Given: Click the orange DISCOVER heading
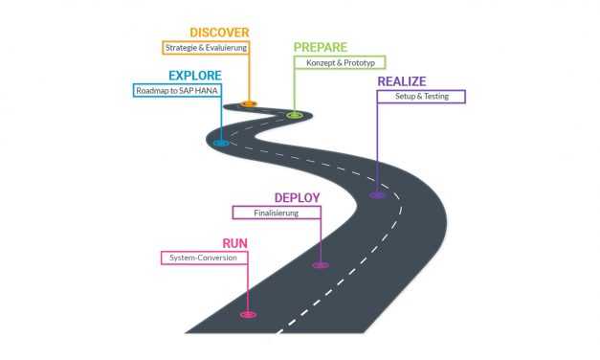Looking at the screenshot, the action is point(219,33).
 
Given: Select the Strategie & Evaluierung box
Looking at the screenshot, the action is point(206,46).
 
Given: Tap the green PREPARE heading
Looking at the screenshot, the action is point(320,48).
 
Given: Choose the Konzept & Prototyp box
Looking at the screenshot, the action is point(339,62).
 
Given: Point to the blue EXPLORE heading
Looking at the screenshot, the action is point(195,76).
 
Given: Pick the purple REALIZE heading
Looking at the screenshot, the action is point(402,81).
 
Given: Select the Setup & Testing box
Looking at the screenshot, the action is point(421,96).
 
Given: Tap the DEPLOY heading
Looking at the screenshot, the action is point(297,198).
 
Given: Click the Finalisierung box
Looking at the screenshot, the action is point(277,213).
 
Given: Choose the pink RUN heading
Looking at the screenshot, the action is point(235,243).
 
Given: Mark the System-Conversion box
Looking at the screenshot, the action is point(204,258).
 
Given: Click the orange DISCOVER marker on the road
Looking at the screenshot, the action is point(249,103).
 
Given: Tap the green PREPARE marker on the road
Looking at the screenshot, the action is point(295,115).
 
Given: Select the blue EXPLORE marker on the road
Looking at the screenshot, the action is point(221,144).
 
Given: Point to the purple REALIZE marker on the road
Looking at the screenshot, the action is point(378,195).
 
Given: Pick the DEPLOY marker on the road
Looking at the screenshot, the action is point(321,265).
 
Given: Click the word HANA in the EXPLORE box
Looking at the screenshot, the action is point(205,90).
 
